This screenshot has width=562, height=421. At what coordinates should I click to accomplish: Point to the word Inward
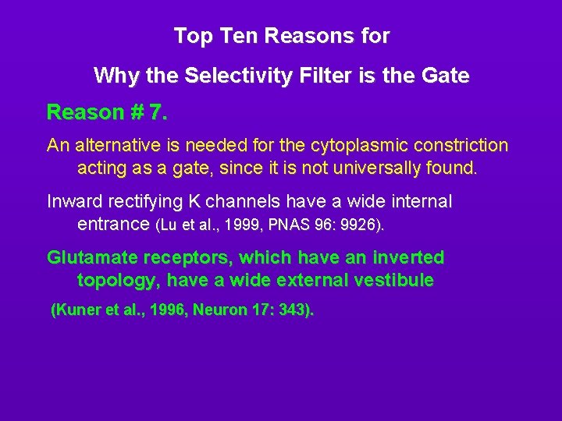[x=75, y=202]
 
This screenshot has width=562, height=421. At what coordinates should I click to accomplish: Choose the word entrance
[x=114, y=225]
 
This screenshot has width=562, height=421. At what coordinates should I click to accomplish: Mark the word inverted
[x=405, y=257]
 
